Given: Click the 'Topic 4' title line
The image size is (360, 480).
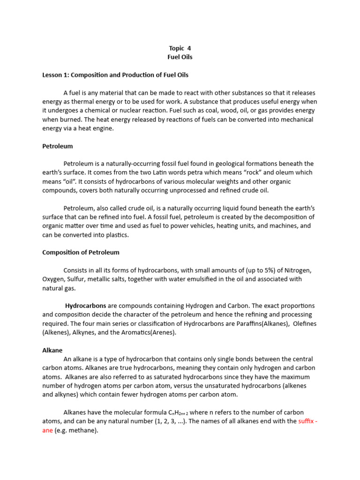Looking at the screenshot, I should pos(180,48).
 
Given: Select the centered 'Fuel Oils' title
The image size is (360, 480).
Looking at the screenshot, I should pos(180,57).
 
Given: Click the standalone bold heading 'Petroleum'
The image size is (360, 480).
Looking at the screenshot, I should pos(57,146).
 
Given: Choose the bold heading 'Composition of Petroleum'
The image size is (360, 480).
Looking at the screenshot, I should pos(81,252).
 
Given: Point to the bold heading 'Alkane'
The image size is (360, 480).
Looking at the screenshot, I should pos(52,350).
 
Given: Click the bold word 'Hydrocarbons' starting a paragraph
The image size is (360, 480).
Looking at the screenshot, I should pos(85,306).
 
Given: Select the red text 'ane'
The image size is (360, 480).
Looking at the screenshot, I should pos(47,430).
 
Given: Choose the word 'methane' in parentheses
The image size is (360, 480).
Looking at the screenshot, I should pos(82,430).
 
